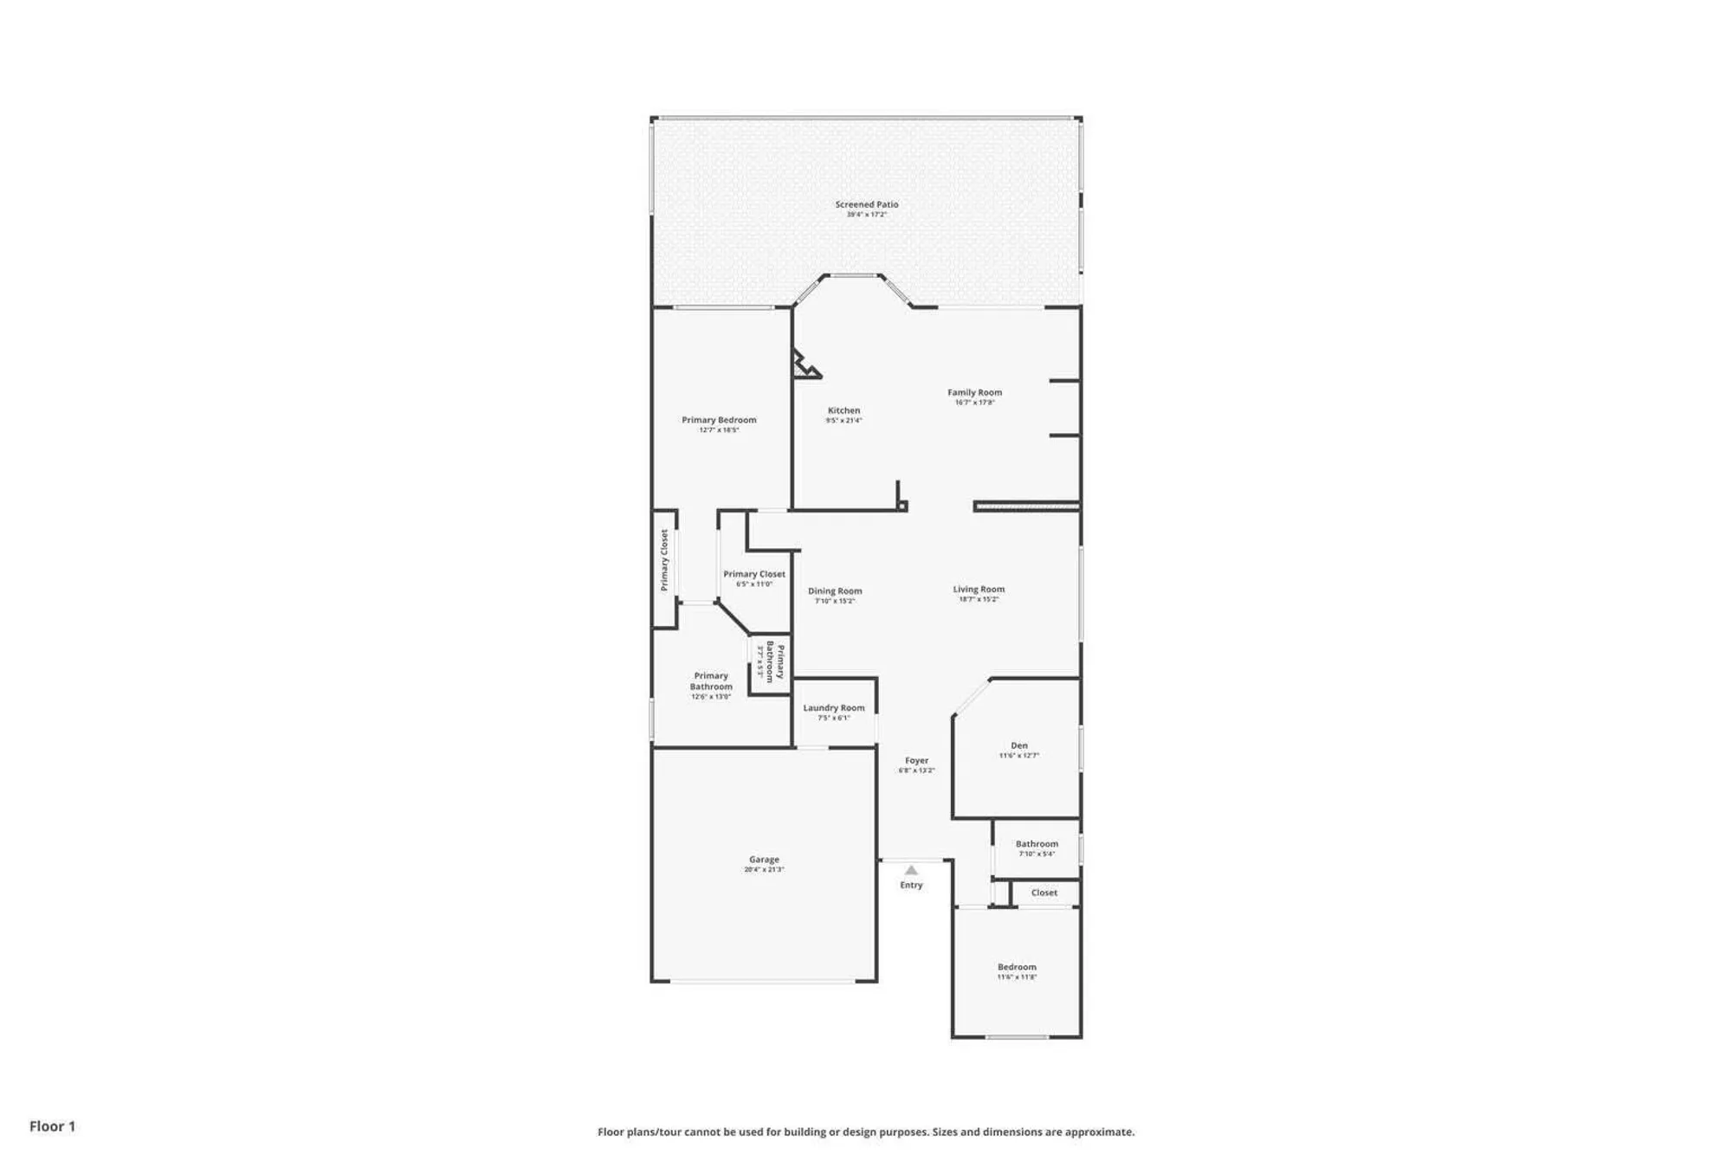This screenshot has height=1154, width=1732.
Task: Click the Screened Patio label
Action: point(866,204)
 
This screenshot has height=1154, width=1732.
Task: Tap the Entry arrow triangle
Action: point(911,870)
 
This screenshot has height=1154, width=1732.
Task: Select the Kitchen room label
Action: point(843,410)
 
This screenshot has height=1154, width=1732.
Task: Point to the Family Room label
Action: point(974,392)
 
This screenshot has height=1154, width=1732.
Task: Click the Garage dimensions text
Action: point(764,869)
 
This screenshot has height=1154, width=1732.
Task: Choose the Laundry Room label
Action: point(833,707)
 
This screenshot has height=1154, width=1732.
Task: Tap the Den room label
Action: point(1019,745)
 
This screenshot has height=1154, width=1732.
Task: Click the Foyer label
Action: point(916,760)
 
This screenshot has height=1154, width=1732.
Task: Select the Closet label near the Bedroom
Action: point(1044,893)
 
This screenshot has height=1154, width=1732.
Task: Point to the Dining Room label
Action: point(835,591)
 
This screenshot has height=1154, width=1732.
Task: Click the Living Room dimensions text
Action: point(979,599)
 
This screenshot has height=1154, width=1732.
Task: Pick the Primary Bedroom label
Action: point(719,420)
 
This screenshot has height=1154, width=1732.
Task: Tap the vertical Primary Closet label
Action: point(664,560)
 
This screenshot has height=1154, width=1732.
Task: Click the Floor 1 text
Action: point(52,1125)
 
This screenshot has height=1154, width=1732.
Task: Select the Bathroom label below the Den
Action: point(1037,843)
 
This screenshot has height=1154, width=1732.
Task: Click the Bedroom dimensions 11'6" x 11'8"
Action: point(1017,977)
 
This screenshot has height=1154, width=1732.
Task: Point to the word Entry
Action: point(911,885)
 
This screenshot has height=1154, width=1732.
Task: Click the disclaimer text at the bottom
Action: point(865,1131)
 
